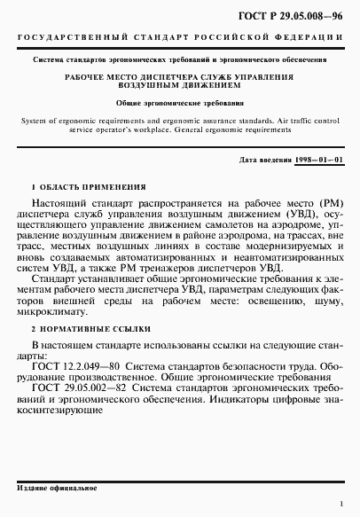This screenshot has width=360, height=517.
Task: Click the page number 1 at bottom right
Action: click(340, 503)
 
